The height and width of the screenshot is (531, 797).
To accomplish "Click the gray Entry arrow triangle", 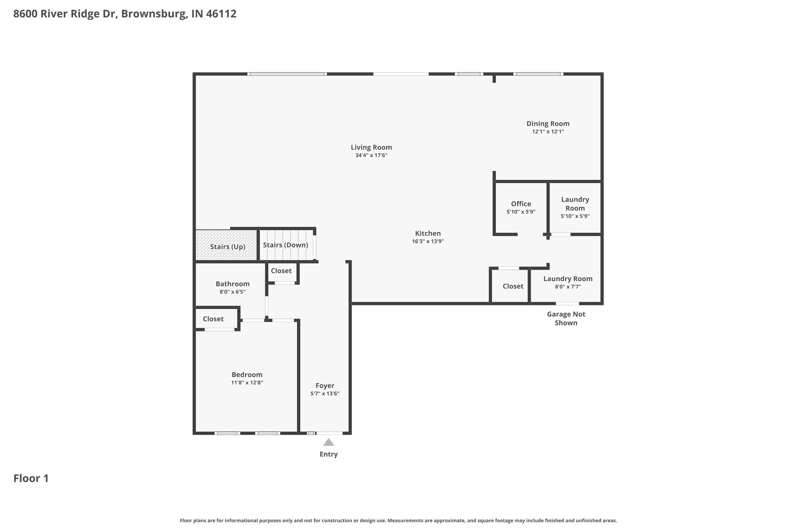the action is (x=328, y=442).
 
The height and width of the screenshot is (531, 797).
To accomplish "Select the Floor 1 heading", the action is (x=31, y=478).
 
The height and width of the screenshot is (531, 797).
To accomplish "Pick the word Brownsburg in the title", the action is (x=154, y=14).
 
